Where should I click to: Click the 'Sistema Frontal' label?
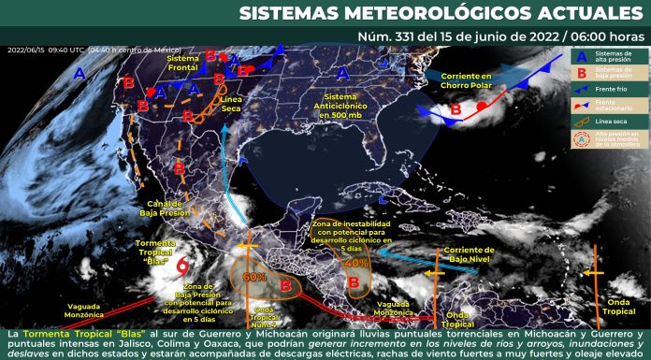click(183, 63)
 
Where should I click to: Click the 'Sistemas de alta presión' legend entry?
click(614, 56)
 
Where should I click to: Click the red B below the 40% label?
click(354, 281)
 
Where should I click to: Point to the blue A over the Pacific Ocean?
click(80, 72)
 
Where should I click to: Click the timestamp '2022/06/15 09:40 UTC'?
click(47, 50)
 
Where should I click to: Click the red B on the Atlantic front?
click(456, 109)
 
